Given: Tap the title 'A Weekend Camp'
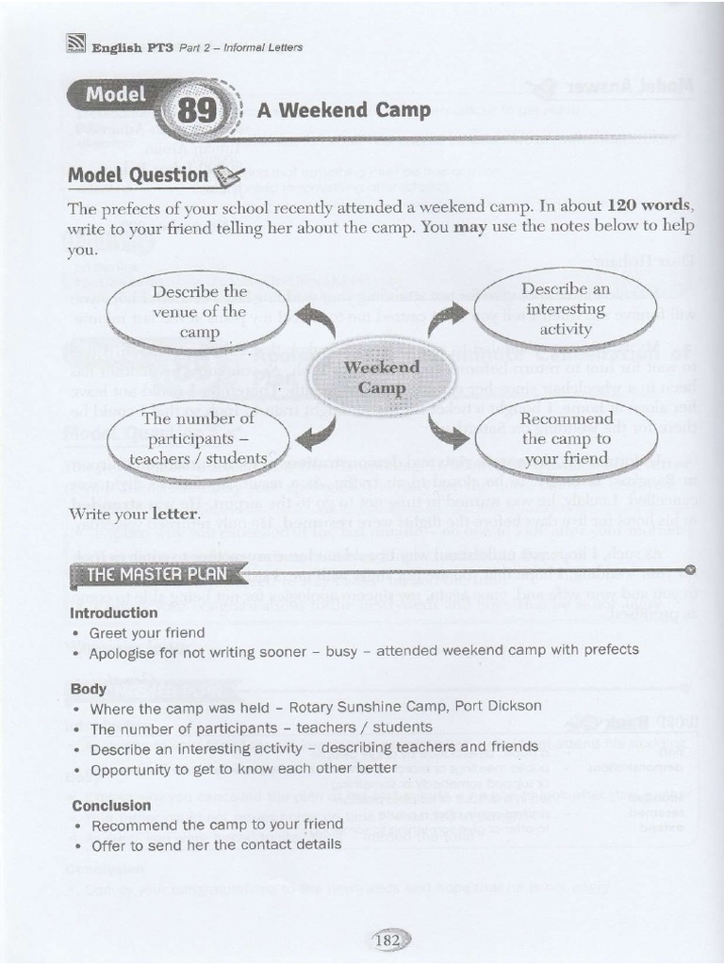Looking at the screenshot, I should coord(343,110).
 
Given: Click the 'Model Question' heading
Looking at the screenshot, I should coord(138,175).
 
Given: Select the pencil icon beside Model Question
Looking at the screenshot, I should coord(228,174).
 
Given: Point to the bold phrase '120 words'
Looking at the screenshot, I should coord(649,205).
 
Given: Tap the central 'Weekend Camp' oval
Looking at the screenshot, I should coord(381,377).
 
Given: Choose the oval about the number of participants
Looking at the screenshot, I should coord(199,438).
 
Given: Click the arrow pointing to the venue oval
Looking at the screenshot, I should coord(317,324).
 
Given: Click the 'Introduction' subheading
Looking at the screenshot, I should coord(112,613).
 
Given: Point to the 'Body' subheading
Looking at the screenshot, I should coord(89,689).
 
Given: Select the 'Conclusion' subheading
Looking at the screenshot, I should coord(111,806).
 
